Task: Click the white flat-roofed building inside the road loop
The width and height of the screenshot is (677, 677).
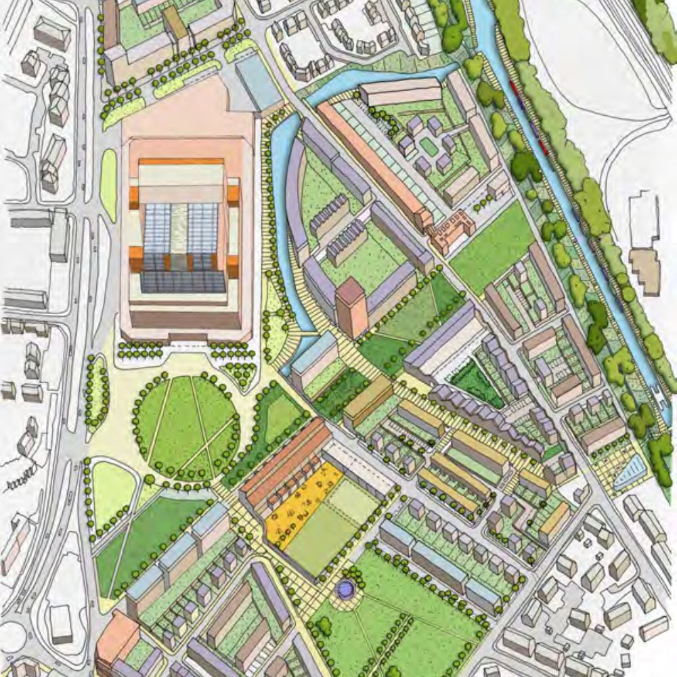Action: click(60, 623)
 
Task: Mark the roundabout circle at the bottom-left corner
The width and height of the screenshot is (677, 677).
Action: click(10, 636)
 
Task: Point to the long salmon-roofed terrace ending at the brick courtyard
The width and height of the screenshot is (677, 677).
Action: click(372, 162)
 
